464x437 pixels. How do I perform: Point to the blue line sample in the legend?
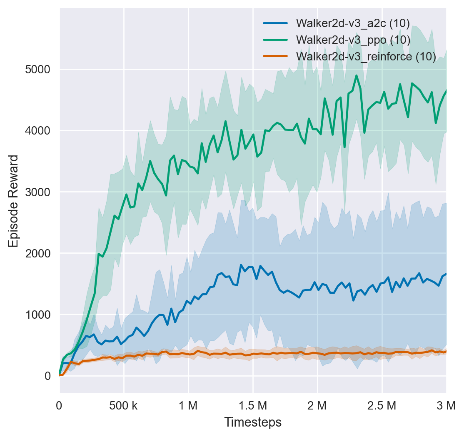click(x=275, y=22)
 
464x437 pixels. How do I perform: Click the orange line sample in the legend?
click(x=275, y=57)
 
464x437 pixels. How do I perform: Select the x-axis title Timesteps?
click(x=253, y=422)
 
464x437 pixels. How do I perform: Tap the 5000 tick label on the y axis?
click(x=38, y=69)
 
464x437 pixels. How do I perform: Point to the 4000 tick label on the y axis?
click(x=38, y=130)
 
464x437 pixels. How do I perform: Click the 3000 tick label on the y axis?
click(x=38, y=192)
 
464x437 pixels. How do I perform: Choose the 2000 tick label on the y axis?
click(x=38, y=253)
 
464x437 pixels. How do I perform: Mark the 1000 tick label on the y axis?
click(x=38, y=314)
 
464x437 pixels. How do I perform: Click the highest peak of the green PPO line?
click(x=357, y=75)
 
